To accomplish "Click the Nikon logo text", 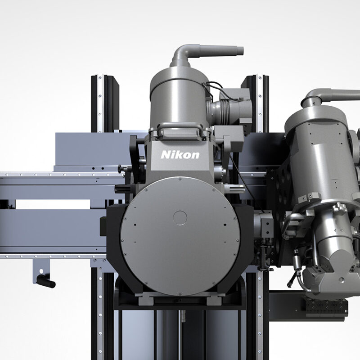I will (180, 155).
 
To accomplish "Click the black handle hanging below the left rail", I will (46, 282).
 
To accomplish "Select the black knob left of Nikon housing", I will (121, 168).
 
